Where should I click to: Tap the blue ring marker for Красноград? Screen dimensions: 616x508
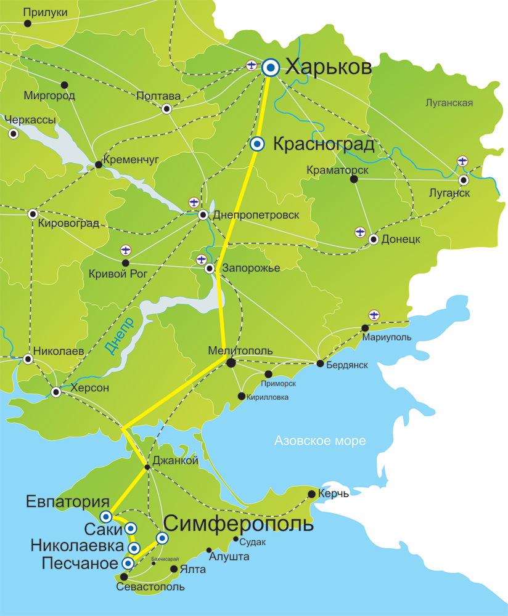(x=258, y=144)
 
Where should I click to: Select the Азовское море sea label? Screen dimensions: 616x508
(x=320, y=441)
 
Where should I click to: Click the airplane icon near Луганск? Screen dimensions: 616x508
(x=463, y=161)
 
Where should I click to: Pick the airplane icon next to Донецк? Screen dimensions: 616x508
(x=361, y=232)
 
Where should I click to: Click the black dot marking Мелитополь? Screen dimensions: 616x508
(x=231, y=363)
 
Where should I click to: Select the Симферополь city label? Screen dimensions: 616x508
(x=238, y=524)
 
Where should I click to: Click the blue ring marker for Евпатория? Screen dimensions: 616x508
(x=105, y=516)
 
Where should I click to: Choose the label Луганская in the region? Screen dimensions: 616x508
(x=449, y=103)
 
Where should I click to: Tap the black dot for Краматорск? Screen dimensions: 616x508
(x=354, y=179)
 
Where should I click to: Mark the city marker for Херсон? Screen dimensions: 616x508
(x=56, y=392)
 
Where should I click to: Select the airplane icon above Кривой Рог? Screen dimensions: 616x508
(x=126, y=249)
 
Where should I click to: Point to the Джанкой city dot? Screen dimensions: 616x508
(x=147, y=468)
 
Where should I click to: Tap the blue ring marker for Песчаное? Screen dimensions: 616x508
(x=128, y=563)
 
